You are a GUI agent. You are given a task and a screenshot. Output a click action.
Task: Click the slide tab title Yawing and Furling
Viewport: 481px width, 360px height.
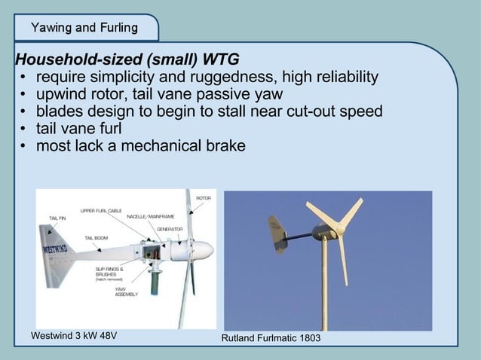click(x=84, y=29)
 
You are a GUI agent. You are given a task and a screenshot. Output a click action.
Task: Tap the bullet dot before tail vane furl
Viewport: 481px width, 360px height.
click(x=24, y=129)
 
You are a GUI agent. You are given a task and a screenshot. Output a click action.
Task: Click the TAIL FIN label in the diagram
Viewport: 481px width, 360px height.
click(x=57, y=218)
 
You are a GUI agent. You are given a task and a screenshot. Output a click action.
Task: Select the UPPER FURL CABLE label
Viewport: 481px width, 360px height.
click(x=101, y=210)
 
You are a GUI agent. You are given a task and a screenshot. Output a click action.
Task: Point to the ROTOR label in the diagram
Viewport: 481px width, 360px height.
click(x=204, y=198)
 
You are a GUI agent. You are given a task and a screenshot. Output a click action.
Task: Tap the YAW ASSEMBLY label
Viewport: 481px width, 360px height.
click(x=126, y=291)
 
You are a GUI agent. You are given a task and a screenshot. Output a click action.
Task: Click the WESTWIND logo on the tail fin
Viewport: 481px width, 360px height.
click(x=58, y=247)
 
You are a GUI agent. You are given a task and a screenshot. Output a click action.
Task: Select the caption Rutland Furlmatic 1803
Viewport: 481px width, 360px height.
click(x=271, y=339)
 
